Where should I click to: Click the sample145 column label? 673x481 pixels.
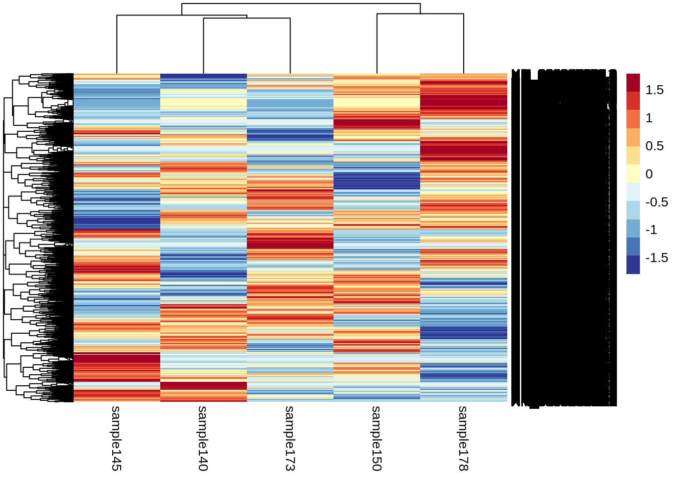[116, 438]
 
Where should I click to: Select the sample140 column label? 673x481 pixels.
[203, 438]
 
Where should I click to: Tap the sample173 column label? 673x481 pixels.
[290, 438]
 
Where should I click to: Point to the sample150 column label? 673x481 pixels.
[377, 438]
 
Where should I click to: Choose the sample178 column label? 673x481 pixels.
[463, 438]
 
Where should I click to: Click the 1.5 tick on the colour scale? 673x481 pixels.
[654, 90]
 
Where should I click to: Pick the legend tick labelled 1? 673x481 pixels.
[649, 118]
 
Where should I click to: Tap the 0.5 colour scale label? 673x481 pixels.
[654, 146]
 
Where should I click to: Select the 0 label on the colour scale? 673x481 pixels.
[649, 174]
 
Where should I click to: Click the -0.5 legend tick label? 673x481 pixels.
[656, 202]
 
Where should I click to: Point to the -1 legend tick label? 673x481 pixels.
[651, 230]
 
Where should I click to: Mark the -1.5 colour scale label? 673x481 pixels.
[656, 258]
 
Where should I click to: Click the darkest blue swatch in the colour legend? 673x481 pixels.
[633, 265]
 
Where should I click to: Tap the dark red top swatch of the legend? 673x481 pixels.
[633, 83]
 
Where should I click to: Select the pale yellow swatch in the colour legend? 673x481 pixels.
[633, 174]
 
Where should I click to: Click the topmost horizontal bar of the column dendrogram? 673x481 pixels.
[300, 4]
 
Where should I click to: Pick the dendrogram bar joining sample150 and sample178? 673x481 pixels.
[420, 14]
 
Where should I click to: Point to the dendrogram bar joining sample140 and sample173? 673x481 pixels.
[247, 19]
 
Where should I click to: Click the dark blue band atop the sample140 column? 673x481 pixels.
[203, 76]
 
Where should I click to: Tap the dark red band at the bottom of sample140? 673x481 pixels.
[203, 385]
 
